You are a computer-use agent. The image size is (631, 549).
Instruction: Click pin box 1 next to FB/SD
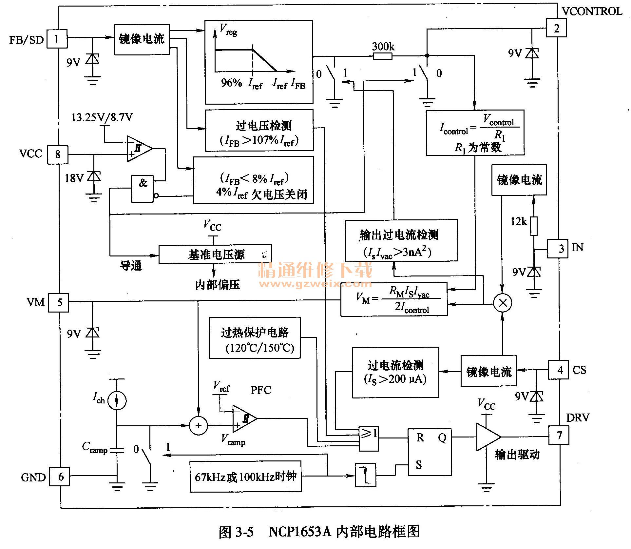point(57,39)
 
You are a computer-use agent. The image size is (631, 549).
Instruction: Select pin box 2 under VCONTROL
point(556,28)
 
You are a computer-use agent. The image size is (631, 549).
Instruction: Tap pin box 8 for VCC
point(58,154)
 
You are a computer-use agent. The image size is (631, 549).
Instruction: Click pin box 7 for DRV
point(559,435)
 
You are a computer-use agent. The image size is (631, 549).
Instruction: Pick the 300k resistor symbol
point(382,56)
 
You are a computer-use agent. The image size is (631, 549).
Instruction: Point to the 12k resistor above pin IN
point(534,226)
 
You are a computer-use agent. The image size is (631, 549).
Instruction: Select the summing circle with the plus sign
point(198,426)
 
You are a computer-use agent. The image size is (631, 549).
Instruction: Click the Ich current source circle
point(117,400)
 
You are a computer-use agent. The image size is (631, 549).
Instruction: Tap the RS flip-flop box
point(429,452)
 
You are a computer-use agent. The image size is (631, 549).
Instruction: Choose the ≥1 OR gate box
point(369,438)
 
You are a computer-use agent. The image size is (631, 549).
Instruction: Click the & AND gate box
point(142,189)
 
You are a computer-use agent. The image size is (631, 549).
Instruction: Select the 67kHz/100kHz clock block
point(245,477)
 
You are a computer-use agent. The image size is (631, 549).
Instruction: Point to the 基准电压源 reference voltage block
point(215,254)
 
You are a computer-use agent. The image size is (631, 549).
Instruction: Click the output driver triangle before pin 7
point(487,437)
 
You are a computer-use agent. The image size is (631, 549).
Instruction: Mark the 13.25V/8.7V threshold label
point(102,117)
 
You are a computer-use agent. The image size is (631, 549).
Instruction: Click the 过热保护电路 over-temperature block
point(255,338)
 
